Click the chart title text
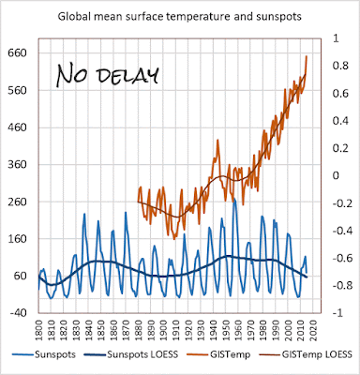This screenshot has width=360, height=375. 180,16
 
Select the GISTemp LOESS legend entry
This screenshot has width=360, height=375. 302,354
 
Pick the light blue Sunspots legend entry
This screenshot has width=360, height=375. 44,354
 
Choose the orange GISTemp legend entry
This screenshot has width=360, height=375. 218,354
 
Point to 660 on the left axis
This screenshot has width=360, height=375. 17,53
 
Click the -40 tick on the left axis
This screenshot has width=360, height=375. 19,313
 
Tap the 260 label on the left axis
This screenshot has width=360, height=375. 17,202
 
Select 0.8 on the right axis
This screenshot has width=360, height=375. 340,66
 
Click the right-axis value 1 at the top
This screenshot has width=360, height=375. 336,38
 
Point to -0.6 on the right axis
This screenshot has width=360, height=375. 338,258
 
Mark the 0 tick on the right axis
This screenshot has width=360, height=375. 336,176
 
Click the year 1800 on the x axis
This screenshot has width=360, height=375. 38,329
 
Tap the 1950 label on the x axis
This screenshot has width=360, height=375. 226,329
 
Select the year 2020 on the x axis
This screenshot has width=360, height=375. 313,329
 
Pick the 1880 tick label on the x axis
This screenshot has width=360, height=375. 138,329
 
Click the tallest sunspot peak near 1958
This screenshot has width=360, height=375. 234,199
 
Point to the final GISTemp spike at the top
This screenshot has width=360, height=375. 307,56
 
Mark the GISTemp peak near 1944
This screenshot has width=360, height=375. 217,140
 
